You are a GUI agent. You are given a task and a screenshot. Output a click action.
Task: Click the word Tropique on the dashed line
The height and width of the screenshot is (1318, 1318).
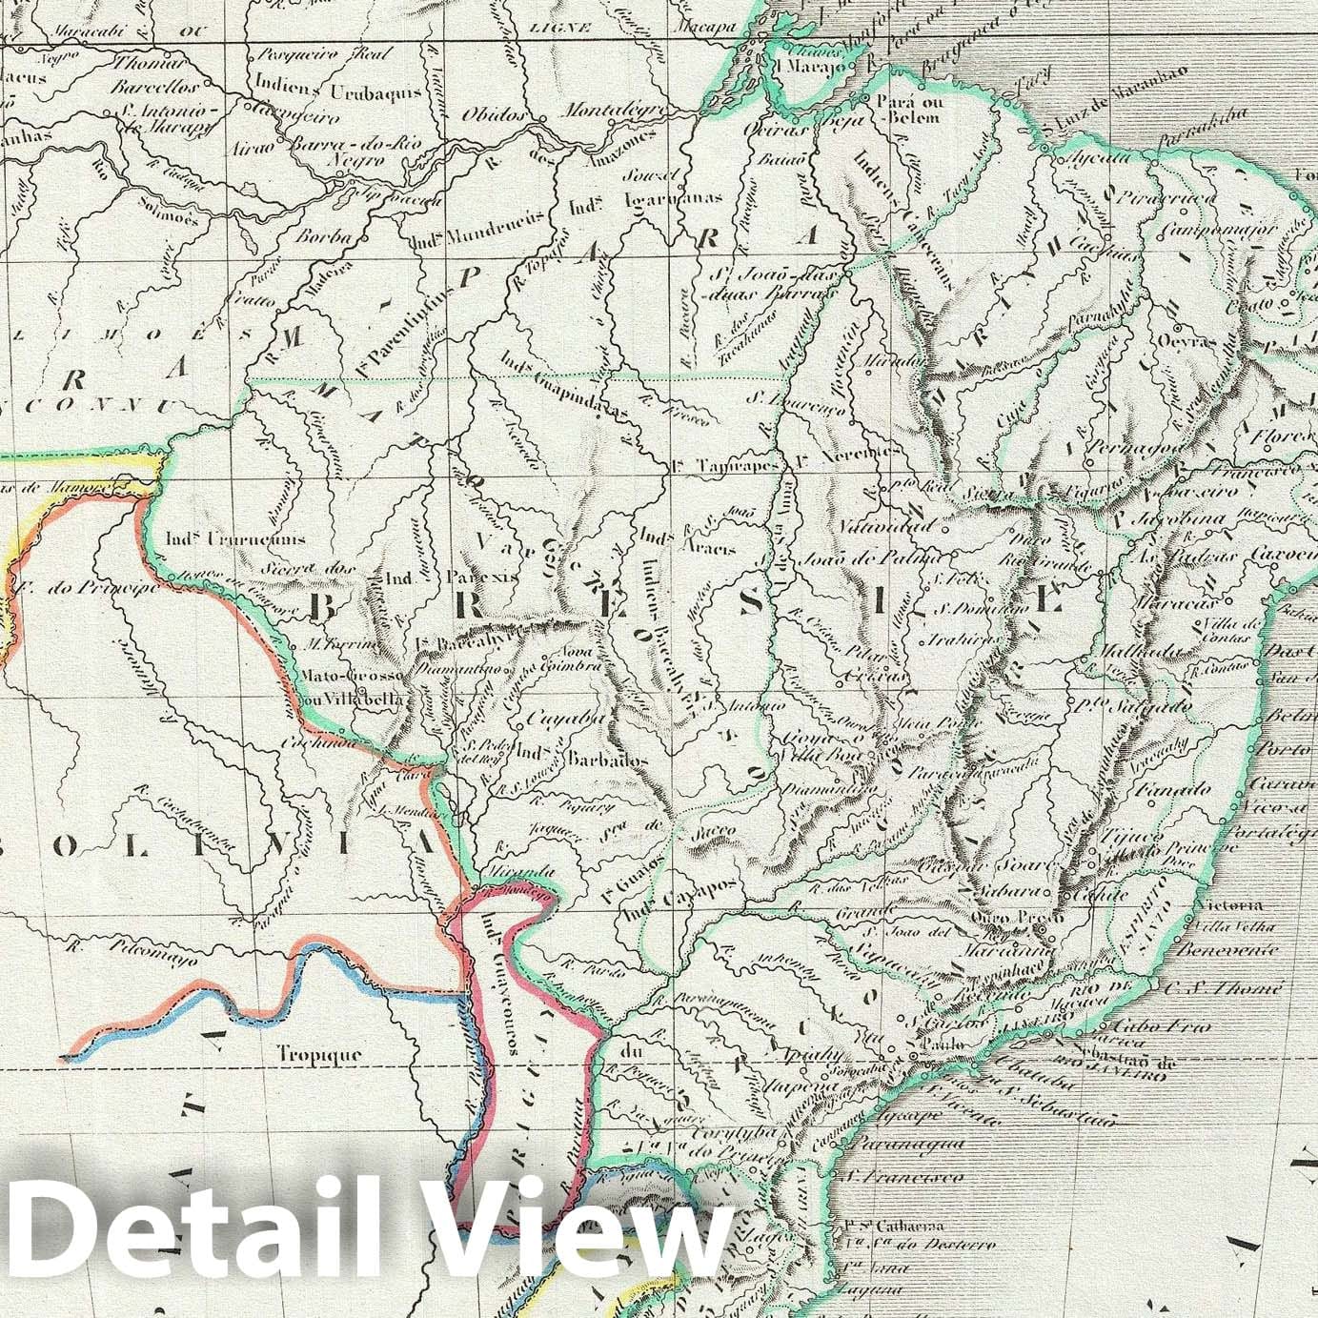point(320,1054)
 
